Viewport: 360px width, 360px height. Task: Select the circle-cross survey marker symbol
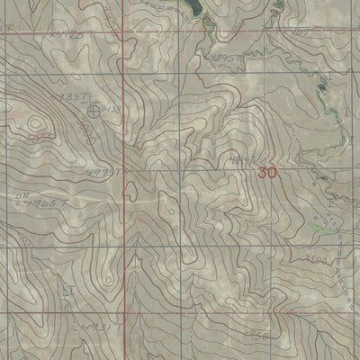tap(96, 111)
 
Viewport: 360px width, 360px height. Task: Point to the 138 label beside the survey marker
tap(112, 109)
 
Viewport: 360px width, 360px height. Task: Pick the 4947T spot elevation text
tap(237, 160)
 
